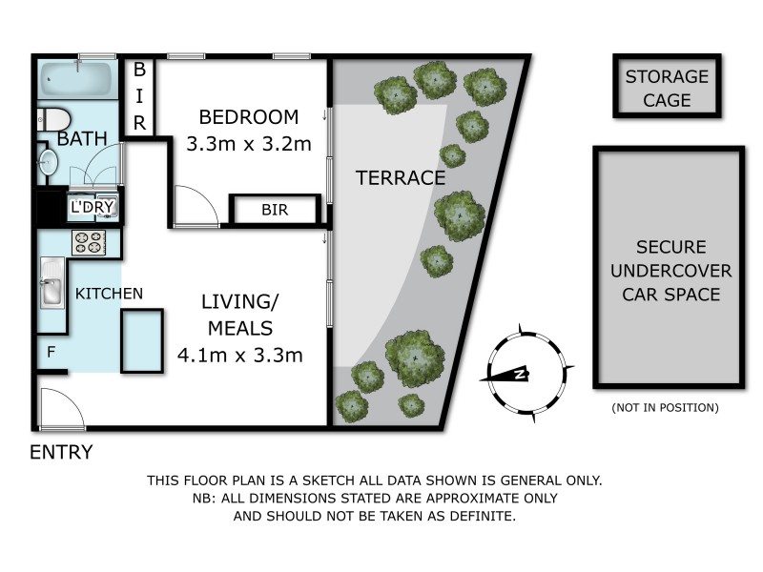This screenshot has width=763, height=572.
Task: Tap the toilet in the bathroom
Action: pyautogui.click(x=53, y=119)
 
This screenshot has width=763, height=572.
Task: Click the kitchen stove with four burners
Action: pyautogui.click(x=89, y=243)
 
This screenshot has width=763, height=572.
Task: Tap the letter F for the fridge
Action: pyautogui.click(x=51, y=351)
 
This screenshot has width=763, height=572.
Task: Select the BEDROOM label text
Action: pyautogui.click(x=248, y=117)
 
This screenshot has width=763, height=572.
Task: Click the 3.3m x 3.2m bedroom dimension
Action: pyautogui.click(x=248, y=145)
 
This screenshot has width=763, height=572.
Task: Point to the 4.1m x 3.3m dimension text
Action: pyautogui.click(x=240, y=356)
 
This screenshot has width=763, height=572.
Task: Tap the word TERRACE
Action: pyautogui.click(x=400, y=177)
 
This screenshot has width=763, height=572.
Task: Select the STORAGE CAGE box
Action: pyautogui.click(x=667, y=88)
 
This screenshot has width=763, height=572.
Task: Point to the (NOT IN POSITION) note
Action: pyautogui.click(x=665, y=408)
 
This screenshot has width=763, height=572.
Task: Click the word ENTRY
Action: pyautogui.click(x=62, y=452)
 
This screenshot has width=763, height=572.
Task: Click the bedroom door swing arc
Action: pyautogui.click(x=196, y=206)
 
